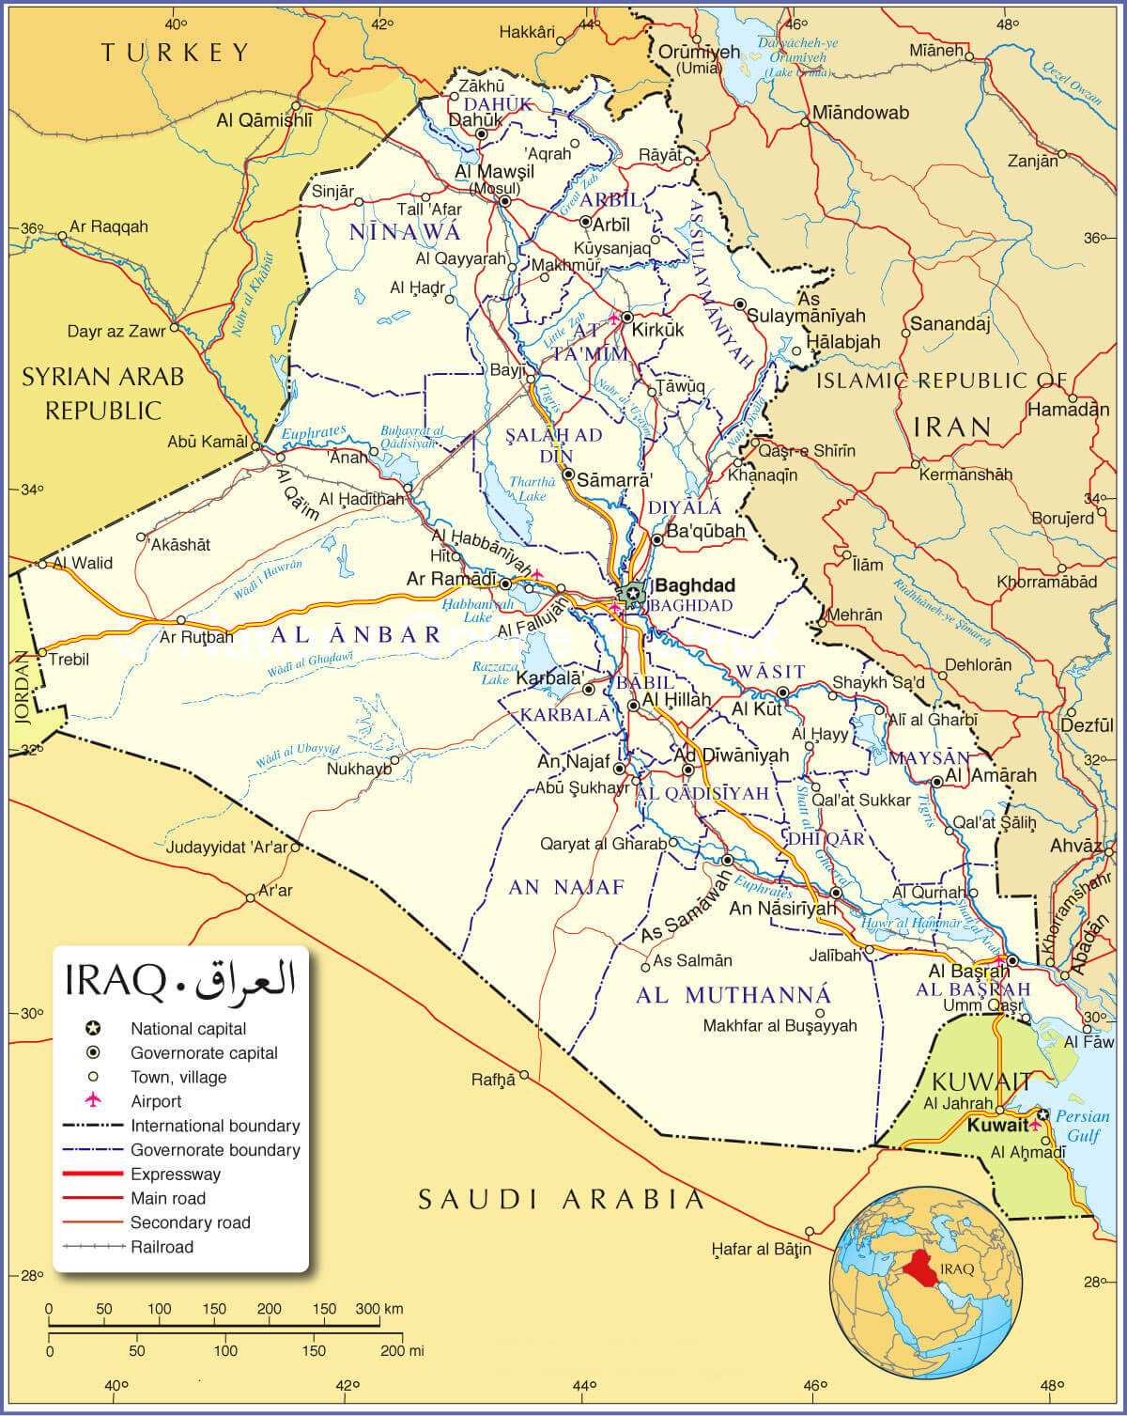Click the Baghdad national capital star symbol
coord(631,593)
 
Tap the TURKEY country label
coord(176,53)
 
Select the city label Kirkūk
coord(658,330)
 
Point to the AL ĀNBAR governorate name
coord(356,634)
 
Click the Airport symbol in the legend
coord(93,1101)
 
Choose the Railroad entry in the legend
coord(162,1247)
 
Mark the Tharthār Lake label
coord(532,489)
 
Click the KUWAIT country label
coord(980,1081)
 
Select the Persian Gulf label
coord(1082,1126)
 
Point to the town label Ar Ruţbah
coord(196,637)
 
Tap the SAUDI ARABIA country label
coord(561,1199)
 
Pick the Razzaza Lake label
coord(495,672)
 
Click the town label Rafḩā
coord(493,1080)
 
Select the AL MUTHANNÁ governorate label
coord(733,995)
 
